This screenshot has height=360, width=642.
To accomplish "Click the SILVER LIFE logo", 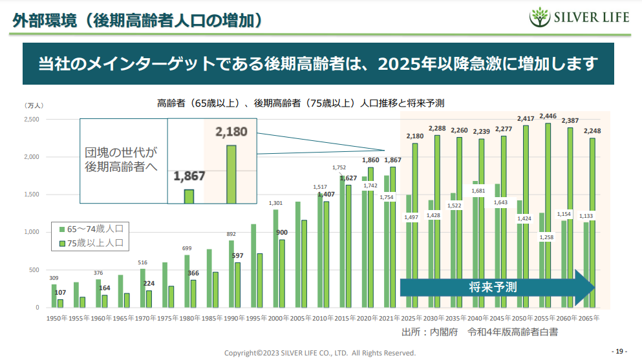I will point(579,17).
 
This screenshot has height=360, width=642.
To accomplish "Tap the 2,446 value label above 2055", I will point(548,116).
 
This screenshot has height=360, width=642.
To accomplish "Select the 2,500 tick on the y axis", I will point(32,120).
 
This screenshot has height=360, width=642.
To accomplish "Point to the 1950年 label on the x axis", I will point(58,318).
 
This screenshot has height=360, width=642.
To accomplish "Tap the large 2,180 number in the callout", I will point(231,132).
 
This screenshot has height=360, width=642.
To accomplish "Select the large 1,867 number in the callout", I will point(189,176).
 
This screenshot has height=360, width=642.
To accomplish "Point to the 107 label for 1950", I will point(60,293).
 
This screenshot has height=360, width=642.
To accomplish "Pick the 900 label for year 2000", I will point(282,233).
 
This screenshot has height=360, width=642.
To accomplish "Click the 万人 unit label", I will point(34,105).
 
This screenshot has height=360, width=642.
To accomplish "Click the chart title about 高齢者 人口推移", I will point(301,103).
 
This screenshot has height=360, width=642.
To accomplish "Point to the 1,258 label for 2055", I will point(546,237).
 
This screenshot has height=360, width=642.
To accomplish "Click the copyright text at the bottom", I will point(319,353).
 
